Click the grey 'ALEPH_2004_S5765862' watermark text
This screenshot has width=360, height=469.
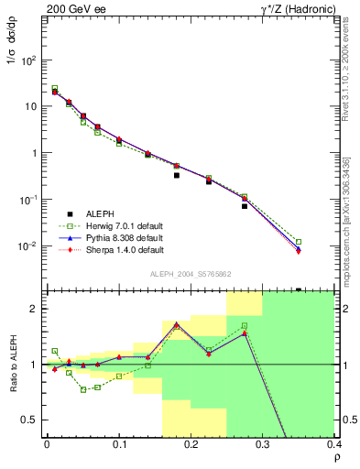pos(189,274)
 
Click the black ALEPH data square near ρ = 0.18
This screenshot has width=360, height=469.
pos(177,175)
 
